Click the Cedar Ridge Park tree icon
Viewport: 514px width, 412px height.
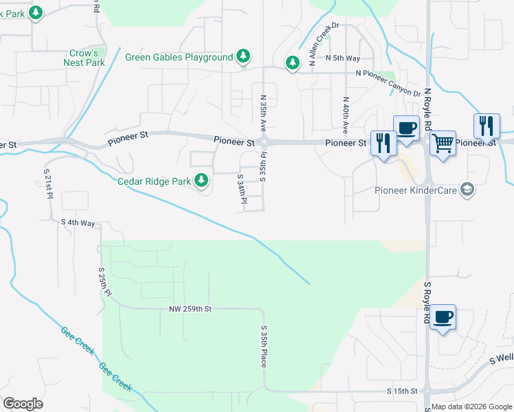click(201, 181)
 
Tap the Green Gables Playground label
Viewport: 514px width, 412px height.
click(179, 57)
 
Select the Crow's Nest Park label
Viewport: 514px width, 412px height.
click(86, 58)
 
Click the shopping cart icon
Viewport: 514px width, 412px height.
click(443, 144)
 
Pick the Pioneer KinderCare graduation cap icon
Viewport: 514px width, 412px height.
click(467, 190)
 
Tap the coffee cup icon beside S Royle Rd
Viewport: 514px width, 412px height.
click(443, 317)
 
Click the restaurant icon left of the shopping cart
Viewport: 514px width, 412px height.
click(383, 143)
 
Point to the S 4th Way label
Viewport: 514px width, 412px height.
click(78, 222)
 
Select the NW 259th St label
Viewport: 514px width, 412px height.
click(190, 309)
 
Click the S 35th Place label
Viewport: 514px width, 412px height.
click(263, 347)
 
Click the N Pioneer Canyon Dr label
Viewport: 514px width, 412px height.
click(388, 82)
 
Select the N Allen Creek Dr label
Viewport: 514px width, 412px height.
click(325, 45)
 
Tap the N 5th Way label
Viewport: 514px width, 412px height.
click(343, 58)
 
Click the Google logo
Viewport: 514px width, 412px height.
click(23, 404)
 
